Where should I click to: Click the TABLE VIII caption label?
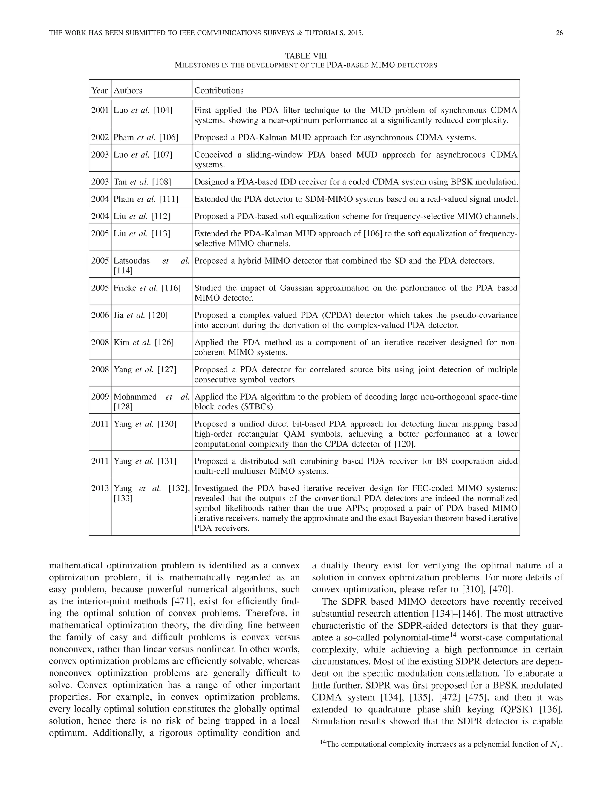click(306, 56)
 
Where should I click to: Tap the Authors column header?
click(128, 90)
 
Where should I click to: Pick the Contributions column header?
click(219, 90)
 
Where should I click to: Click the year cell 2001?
click(100, 110)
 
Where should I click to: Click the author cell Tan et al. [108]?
click(142, 182)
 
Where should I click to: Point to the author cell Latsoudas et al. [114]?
click(151, 265)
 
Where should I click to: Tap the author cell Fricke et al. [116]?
click(147, 288)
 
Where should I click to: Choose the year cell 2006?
click(100, 315)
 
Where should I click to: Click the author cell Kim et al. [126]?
click(143, 342)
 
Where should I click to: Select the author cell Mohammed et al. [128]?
click(151, 401)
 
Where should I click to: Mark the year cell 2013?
click(100, 488)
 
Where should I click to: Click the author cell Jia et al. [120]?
click(141, 315)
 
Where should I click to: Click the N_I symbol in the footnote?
click(556, 744)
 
